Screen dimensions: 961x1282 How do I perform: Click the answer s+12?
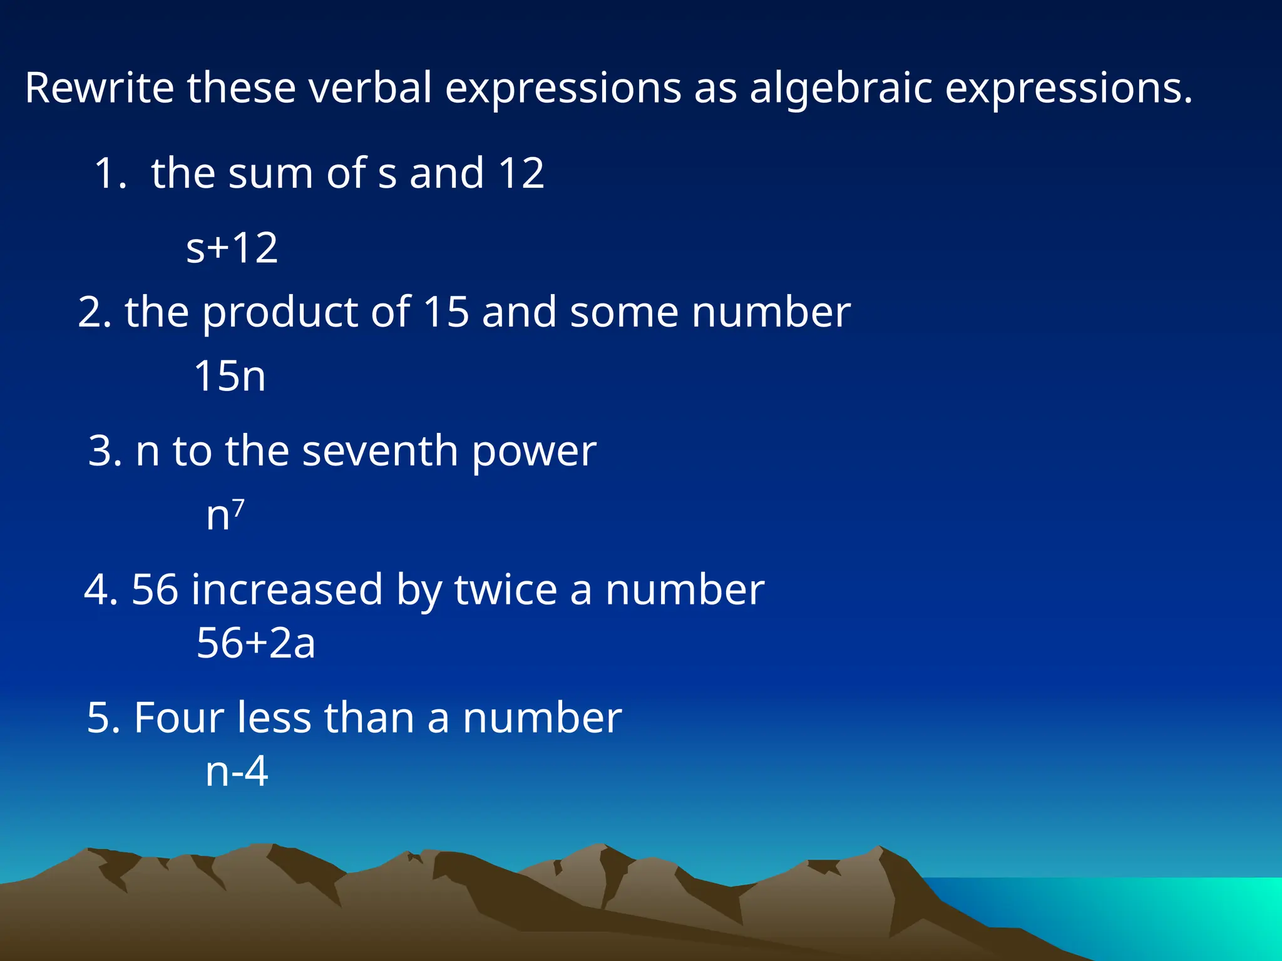tap(232, 248)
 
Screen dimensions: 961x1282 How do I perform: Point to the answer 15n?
tap(230, 377)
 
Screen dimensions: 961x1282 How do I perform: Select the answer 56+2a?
tap(255, 643)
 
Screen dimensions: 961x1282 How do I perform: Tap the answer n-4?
tap(237, 771)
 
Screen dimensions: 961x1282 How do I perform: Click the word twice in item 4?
tap(505, 589)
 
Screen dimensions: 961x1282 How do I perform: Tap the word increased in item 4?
tap(287, 589)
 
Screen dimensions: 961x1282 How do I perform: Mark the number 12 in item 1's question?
tap(521, 173)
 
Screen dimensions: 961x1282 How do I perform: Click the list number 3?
tap(100, 450)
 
